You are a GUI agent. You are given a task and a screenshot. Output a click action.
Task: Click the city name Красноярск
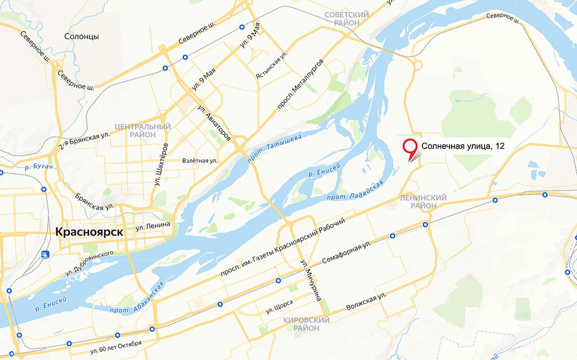click(x=89, y=231)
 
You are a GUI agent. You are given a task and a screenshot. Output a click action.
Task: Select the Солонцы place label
click(x=82, y=37)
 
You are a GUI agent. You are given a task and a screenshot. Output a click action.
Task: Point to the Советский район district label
click(x=346, y=19)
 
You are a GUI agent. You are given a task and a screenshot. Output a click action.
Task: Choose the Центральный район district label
click(x=142, y=130)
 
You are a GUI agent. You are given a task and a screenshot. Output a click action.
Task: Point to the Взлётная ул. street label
click(x=199, y=160)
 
